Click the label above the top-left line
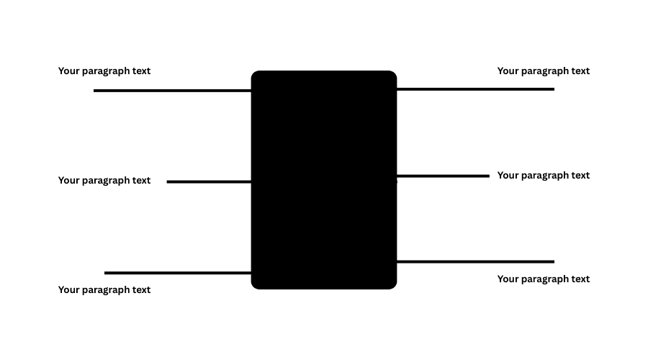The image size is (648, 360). click(104, 71)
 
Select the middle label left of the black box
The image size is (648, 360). click(104, 181)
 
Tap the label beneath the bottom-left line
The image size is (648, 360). click(104, 290)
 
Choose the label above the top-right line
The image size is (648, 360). click(544, 71)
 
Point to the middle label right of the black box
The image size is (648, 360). click(544, 176)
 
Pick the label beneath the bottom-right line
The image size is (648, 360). click(544, 279)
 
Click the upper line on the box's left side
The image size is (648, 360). click(173, 91)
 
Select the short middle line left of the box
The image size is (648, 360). click(209, 182)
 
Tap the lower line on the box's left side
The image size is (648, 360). click(178, 273)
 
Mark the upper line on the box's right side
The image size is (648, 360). click(475, 89)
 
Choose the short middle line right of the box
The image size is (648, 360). click(443, 176)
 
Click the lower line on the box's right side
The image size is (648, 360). click(475, 261)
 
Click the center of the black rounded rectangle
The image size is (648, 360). click(324, 180)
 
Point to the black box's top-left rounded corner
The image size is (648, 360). click(255, 75)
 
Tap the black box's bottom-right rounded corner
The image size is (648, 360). click(392, 285)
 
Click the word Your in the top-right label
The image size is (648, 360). click(508, 71)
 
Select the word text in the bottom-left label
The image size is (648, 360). click(139, 290)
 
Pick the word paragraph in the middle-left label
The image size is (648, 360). click(106, 181)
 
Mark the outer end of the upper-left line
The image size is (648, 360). click(95, 91)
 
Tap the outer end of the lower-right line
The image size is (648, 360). click(553, 261)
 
